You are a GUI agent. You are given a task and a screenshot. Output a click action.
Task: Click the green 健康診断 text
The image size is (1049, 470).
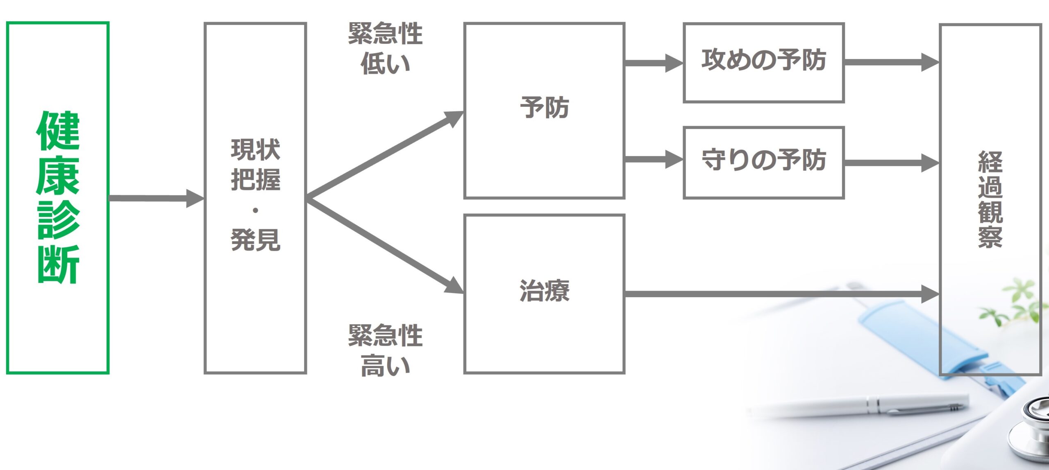click(x=58, y=197)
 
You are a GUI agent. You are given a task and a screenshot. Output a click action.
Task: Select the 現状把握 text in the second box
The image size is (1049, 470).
click(x=255, y=165)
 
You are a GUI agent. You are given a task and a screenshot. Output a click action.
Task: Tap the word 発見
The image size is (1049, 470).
click(x=255, y=240)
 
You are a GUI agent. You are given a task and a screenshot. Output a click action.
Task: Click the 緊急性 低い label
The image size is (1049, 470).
click(x=385, y=48)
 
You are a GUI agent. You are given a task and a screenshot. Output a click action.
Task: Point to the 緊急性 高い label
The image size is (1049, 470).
click(x=385, y=350)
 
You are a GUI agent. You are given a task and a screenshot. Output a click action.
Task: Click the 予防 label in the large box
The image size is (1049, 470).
click(x=545, y=108)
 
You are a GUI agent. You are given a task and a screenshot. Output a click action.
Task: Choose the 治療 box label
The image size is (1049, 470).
click(x=545, y=291)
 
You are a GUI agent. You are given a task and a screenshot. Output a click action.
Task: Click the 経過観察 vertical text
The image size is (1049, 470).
click(x=990, y=199)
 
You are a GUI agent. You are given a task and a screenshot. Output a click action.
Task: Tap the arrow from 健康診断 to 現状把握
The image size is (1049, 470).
click(x=156, y=199)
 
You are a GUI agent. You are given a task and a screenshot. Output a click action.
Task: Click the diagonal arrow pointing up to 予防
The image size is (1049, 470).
click(x=385, y=155)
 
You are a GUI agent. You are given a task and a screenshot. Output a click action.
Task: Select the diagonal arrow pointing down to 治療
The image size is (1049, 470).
click(x=385, y=246)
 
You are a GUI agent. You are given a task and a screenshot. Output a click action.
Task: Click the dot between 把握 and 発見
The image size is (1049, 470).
click(x=255, y=211)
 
